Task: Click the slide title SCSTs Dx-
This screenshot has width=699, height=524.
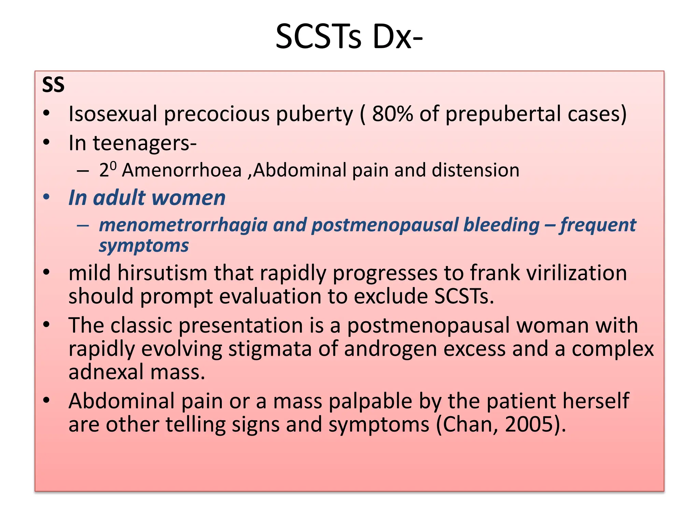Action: click(x=349, y=37)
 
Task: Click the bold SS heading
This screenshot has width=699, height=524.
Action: click(x=53, y=85)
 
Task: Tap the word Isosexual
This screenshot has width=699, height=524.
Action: click(x=113, y=114)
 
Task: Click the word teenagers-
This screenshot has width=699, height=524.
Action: click(x=145, y=143)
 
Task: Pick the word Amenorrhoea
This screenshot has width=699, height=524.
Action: click(x=182, y=170)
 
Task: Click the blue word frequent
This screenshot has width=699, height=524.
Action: click(x=598, y=225)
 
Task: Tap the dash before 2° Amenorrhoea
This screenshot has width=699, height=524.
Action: click(x=83, y=170)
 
